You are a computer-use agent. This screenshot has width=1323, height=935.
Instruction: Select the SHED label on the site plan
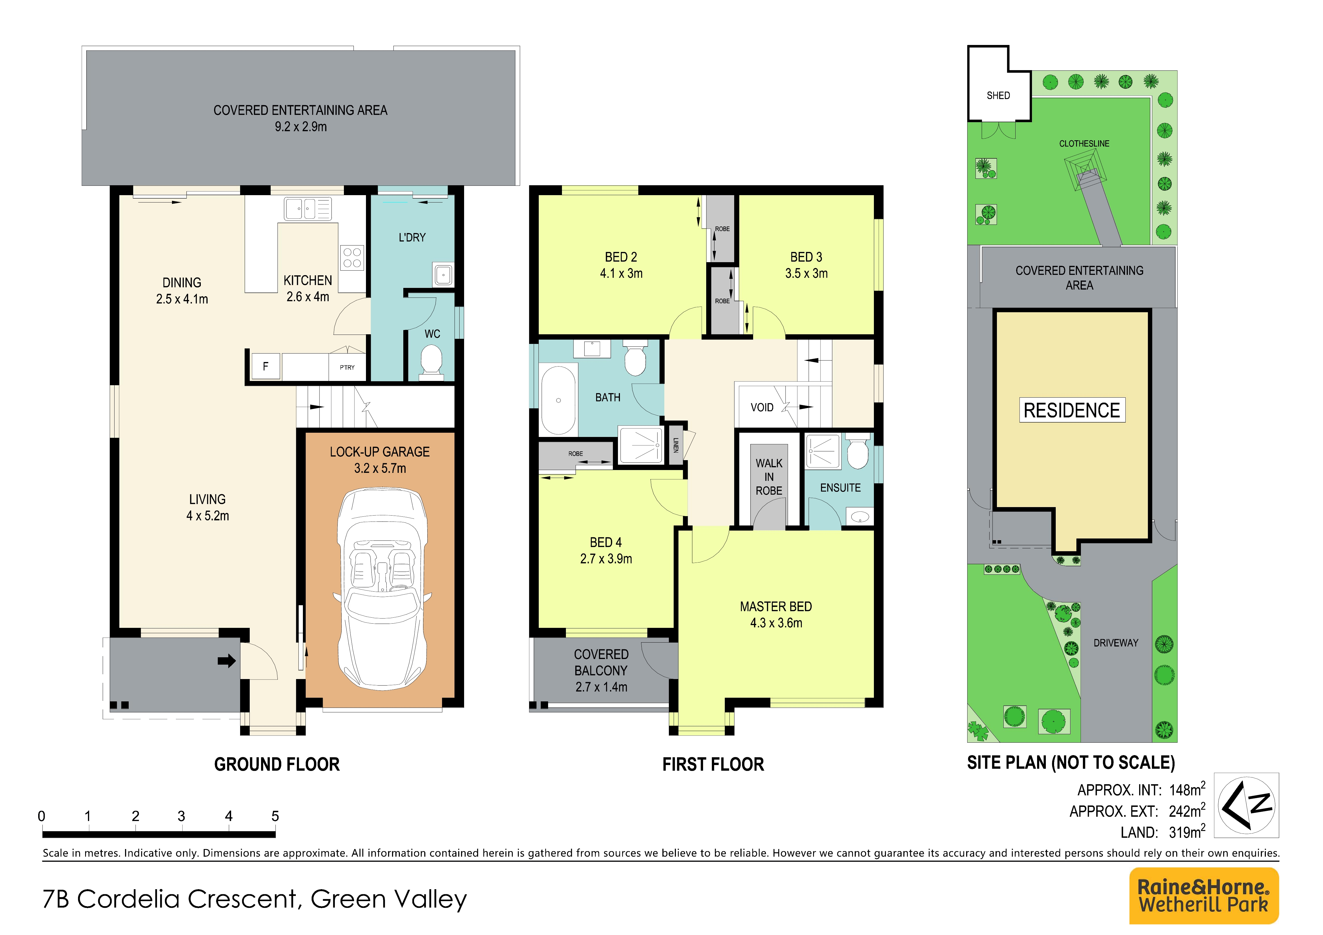[x=998, y=96]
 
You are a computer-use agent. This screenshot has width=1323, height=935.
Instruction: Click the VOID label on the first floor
[x=762, y=407]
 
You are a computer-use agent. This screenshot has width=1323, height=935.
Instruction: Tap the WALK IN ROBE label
[x=769, y=477]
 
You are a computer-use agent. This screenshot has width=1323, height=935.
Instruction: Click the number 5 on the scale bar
[x=275, y=816]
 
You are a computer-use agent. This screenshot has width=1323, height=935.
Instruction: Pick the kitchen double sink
[x=308, y=208]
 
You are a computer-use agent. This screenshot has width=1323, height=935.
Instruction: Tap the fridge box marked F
[x=266, y=367]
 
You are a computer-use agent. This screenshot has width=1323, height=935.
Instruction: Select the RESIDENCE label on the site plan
[x=1072, y=410]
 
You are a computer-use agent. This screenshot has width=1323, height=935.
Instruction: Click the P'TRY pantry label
[x=347, y=368]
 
